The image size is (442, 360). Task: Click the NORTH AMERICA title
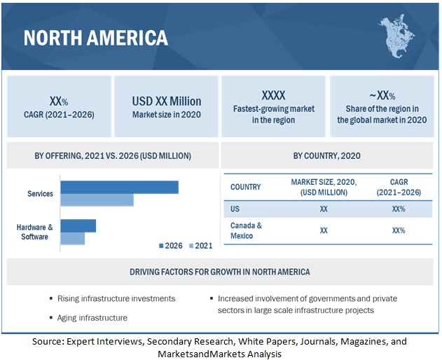click(95, 37)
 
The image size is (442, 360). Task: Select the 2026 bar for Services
click(119, 187)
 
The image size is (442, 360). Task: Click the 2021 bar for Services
click(97, 200)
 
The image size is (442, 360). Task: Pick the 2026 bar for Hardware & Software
click(78, 226)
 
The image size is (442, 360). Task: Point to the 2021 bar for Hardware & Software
click(72, 238)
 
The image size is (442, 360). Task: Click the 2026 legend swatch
click(161, 246)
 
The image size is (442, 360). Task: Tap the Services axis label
click(40, 193)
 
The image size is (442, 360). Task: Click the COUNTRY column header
click(245, 187)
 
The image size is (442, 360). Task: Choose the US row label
click(235, 209)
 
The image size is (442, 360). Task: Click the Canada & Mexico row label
click(246, 230)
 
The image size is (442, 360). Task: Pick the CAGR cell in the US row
click(399, 209)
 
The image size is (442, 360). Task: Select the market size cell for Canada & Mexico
click(324, 230)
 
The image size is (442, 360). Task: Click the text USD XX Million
click(167, 101)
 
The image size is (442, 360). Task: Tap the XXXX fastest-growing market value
click(274, 95)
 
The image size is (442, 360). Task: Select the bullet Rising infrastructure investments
click(116, 298)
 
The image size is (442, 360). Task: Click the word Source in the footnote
click(48, 341)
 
